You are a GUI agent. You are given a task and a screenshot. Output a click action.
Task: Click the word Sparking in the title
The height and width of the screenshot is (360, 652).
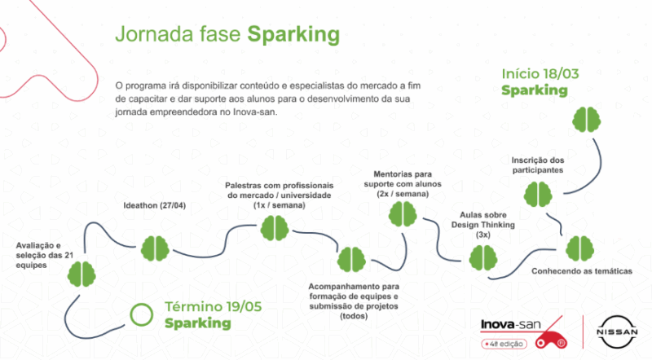(293, 35)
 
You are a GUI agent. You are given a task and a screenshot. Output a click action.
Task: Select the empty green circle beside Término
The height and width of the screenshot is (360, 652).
(141, 314)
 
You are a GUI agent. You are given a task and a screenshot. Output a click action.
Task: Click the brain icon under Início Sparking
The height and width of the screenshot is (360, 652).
(586, 119)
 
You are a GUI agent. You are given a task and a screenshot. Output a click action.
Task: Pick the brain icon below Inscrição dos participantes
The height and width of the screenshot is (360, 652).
(538, 194)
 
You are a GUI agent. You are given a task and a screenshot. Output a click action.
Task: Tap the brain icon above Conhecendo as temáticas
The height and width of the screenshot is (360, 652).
(579, 248)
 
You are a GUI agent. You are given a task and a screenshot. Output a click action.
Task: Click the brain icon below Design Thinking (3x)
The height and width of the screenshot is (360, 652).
(483, 257)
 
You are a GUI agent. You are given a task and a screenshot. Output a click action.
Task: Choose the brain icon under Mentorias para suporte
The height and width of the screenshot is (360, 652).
(403, 214)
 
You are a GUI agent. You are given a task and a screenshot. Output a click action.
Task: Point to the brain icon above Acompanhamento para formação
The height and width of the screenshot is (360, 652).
(351, 259)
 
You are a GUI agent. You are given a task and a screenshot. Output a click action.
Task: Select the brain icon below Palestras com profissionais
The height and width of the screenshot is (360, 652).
(275, 228)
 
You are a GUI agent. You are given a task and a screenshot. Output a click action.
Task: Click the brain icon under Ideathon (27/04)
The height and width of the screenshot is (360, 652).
(155, 248)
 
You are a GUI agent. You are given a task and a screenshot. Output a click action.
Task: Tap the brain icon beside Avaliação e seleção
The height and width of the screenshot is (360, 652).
(81, 274)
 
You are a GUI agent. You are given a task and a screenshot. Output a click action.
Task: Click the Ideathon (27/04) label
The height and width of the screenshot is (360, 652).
(155, 205)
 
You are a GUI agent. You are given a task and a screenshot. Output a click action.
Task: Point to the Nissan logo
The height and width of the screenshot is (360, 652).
(617, 331)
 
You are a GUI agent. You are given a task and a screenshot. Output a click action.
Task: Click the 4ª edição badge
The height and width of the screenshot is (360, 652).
(504, 344)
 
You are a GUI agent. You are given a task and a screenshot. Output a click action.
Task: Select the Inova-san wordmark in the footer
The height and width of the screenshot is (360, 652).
(511, 325)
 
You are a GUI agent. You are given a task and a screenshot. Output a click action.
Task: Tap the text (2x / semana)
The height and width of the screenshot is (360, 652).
(403, 194)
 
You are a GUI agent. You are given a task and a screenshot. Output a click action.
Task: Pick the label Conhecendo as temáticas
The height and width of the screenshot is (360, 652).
(582, 271)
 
